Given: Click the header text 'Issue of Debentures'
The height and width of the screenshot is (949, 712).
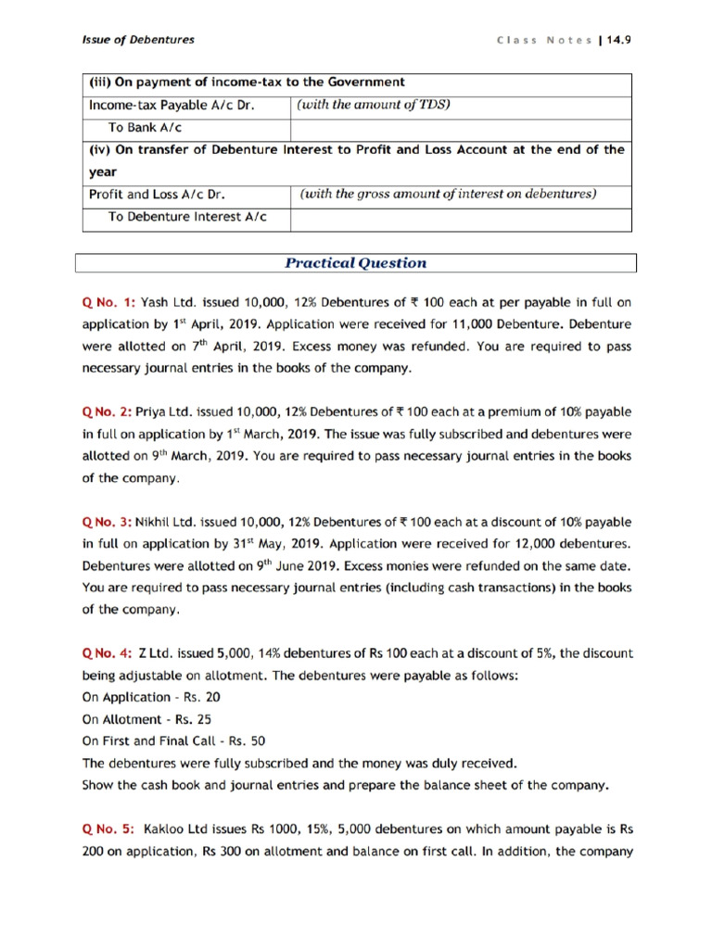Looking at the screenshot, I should pyautogui.click(x=135, y=40).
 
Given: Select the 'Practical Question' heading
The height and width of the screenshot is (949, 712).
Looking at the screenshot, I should pyautogui.click(x=356, y=263).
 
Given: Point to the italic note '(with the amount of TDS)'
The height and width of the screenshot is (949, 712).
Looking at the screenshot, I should pyautogui.click(x=373, y=105).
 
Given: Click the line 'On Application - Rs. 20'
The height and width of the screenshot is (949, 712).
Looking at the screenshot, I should pyautogui.click(x=151, y=697).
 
